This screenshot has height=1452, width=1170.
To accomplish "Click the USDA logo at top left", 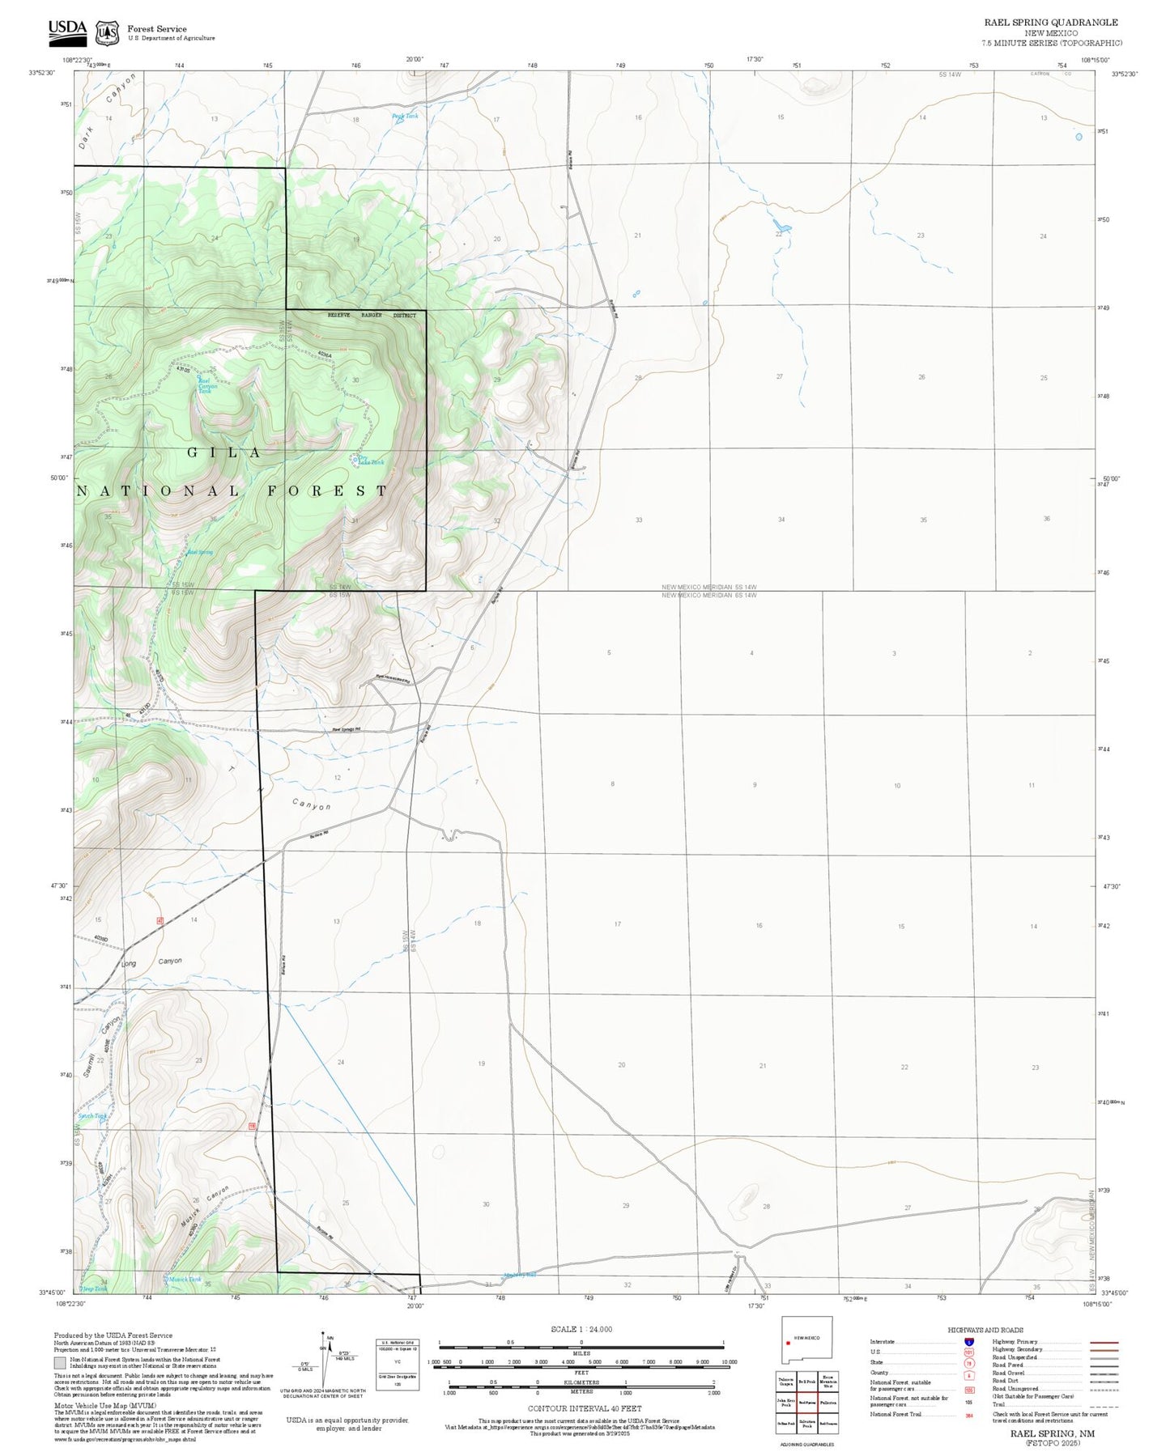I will (x=67, y=31).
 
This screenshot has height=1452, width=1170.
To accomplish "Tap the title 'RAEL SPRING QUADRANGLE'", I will (x=1051, y=23).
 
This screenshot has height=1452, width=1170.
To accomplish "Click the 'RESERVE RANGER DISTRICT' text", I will (x=372, y=315).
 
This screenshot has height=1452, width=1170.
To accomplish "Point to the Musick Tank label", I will (x=185, y=1280).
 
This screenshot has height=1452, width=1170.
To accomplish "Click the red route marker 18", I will (x=253, y=1126).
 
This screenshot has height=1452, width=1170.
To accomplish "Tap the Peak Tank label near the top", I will (x=405, y=117).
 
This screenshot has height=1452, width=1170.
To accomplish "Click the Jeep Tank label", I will (x=94, y=1289).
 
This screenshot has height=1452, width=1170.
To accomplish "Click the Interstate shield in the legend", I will (x=968, y=1342).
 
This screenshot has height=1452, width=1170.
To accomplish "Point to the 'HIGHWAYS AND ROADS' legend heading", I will (x=985, y=1330).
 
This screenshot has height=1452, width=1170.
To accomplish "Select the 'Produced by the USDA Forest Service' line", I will (x=113, y=1335).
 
